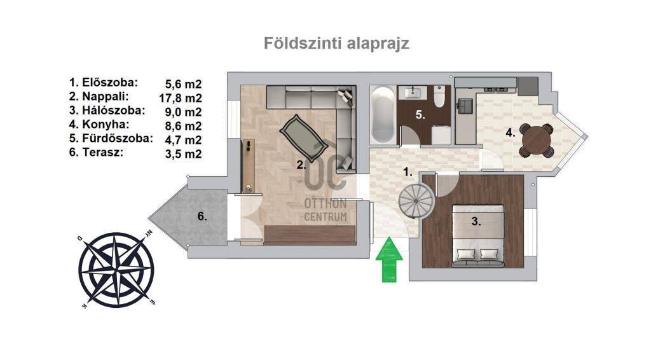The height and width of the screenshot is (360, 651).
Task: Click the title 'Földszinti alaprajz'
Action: tap(336, 44)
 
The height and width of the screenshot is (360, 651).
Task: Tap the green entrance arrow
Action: tap(389, 260)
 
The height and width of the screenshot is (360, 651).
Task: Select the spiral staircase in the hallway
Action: tap(416, 201)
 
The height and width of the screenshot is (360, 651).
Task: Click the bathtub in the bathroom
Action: tap(382, 114)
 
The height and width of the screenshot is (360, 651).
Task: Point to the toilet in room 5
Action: tap(439, 96)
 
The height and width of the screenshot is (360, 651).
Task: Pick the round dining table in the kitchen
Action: tap(536, 141)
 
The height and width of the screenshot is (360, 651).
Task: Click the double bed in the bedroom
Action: tap(477, 235)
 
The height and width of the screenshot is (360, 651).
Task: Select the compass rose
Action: tap(117, 270)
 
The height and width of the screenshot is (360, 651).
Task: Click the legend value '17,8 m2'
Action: tap(181, 98)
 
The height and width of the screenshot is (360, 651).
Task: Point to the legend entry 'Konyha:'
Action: tap(99, 124)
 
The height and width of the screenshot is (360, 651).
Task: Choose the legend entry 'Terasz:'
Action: tap(97, 152)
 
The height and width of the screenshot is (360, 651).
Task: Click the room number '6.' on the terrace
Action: tap(202, 216)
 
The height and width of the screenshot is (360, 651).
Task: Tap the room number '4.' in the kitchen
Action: tap(511, 133)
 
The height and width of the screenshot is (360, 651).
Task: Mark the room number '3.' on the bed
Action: tap(476, 222)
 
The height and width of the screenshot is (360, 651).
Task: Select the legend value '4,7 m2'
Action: tap(184, 140)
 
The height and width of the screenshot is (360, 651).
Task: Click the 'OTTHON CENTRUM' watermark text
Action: tap(325, 210)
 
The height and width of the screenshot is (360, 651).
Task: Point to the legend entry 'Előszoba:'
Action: tap(104, 82)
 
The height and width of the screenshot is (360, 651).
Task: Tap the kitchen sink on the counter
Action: tap(464, 105)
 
